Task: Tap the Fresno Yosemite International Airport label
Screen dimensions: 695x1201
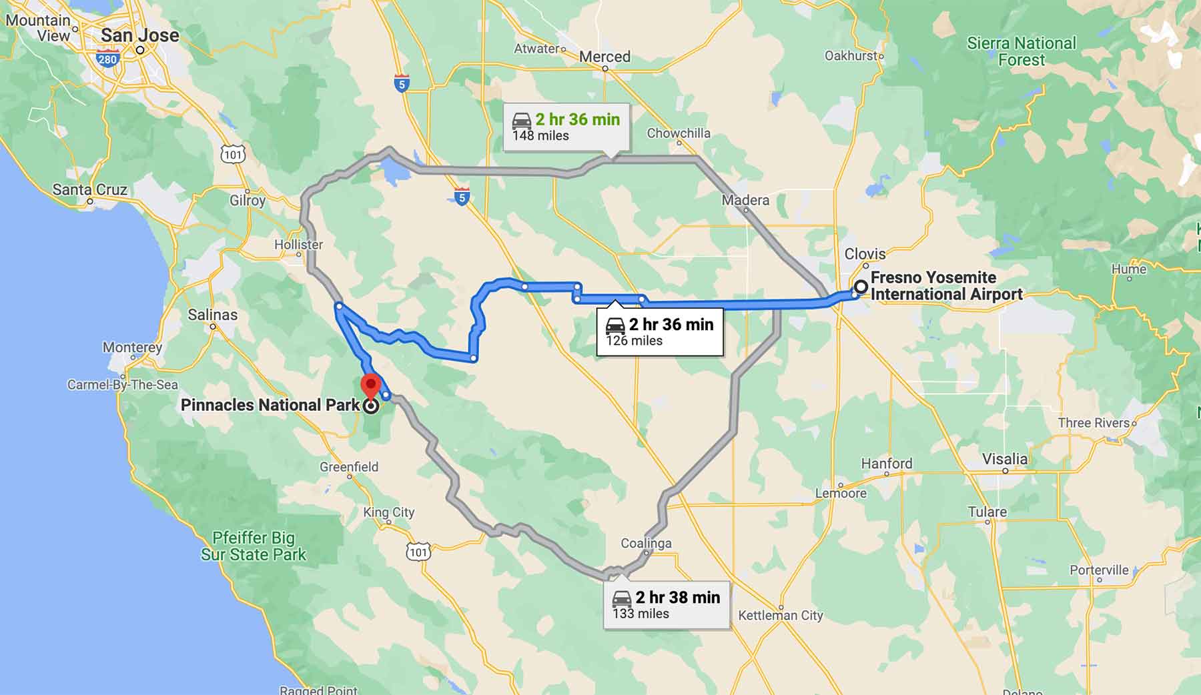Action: (x=946, y=286)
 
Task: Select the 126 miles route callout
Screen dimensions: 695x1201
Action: (x=659, y=331)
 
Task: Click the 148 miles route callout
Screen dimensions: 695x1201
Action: (x=566, y=127)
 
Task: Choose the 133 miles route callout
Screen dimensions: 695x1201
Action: (x=666, y=604)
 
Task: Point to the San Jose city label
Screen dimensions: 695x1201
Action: (x=140, y=35)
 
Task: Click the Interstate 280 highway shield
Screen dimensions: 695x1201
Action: (x=107, y=59)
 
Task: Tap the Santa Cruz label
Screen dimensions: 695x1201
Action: (x=90, y=189)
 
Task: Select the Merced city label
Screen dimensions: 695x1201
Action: (x=605, y=57)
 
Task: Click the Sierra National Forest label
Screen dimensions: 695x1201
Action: (x=1021, y=51)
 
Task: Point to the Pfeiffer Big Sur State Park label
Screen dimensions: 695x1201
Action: (x=254, y=546)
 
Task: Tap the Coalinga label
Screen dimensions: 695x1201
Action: (x=646, y=543)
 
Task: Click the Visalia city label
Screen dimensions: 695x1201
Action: (x=1005, y=459)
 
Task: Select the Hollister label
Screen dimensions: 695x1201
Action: (x=298, y=245)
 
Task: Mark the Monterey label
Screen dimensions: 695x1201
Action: (x=132, y=347)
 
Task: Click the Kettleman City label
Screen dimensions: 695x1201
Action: (x=780, y=615)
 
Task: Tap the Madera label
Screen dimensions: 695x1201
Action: (x=745, y=200)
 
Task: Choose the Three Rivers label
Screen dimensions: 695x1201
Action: (x=1094, y=423)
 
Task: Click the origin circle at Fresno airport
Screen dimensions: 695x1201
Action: (x=861, y=287)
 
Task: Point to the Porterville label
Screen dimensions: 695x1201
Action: (x=1099, y=570)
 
